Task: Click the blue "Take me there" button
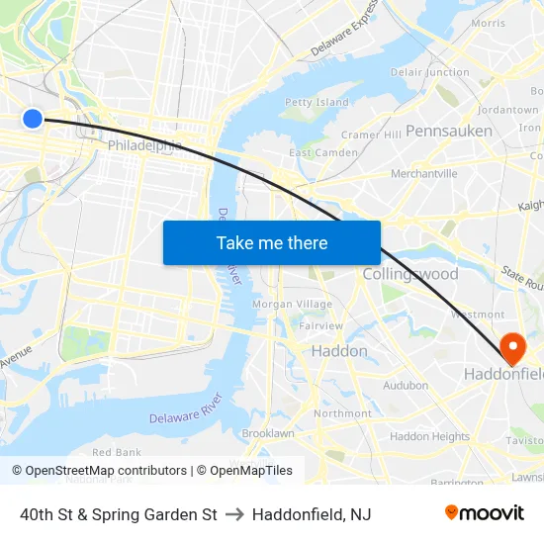(x=272, y=242)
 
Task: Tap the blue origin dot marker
(x=33, y=119)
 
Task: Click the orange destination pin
(x=512, y=348)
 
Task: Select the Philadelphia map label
(x=144, y=145)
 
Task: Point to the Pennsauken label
(x=448, y=131)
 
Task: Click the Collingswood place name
(x=410, y=274)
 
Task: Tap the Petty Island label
(x=317, y=102)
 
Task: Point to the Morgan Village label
(x=292, y=304)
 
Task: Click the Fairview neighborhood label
(x=320, y=325)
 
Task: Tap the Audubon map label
(x=406, y=386)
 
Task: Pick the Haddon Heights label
(x=429, y=436)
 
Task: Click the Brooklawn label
(x=268, y=433)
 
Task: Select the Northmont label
(x=342, y=413)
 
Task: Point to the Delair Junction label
(x=429, y=72)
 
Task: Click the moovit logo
(x=484, y=513)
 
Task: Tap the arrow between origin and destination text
(x=234, y=514)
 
